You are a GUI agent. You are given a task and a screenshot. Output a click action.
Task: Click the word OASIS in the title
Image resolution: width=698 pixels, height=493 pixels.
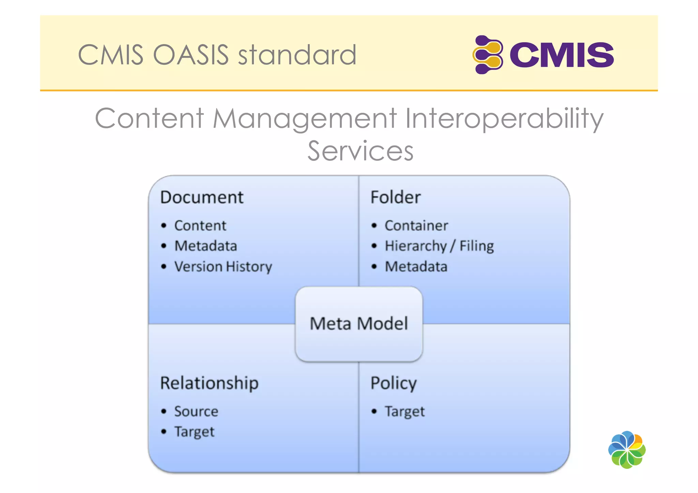(191, 55)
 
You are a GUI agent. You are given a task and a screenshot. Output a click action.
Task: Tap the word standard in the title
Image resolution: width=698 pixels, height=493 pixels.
(297, 55)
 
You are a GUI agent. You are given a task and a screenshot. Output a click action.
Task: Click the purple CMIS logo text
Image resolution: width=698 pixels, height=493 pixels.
(561, 55)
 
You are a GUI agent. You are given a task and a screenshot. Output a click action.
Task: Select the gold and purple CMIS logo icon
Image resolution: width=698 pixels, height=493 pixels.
(488, 55)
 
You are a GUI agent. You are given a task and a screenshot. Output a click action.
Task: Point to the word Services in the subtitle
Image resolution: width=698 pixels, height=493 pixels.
(360, 151)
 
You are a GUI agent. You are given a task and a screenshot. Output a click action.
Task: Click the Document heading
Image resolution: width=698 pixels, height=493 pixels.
(202, 197)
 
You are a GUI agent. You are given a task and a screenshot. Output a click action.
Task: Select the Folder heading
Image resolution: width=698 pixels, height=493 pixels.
(395, 197)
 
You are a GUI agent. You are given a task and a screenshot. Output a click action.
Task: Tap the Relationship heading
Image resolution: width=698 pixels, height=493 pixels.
(209, 383)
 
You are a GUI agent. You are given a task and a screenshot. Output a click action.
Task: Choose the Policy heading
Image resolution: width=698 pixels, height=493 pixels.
(393, 383)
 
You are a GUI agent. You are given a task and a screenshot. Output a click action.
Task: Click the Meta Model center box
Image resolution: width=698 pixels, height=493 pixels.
(359, 324)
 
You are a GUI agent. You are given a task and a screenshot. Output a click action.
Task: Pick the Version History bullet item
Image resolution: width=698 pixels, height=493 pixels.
(223, 266)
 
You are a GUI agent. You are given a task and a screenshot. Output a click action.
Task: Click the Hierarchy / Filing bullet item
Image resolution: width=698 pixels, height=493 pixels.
(439, 246)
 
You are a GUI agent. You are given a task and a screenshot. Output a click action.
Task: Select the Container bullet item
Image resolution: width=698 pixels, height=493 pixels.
(416, 226)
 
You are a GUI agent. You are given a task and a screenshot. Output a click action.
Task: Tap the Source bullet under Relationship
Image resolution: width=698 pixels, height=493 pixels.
(196, 411)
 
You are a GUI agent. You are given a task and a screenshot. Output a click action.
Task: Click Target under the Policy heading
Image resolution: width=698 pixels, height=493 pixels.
(405, 412)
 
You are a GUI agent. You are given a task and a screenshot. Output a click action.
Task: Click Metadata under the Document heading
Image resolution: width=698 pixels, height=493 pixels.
(206, 246)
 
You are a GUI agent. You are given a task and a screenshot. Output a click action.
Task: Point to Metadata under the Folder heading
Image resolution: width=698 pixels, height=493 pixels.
(416, 266)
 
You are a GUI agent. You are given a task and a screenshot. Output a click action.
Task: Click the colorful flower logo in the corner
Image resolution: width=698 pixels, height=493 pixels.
(626, 450)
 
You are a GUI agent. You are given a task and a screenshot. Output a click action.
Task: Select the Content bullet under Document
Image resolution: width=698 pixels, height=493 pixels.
(200, 226)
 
